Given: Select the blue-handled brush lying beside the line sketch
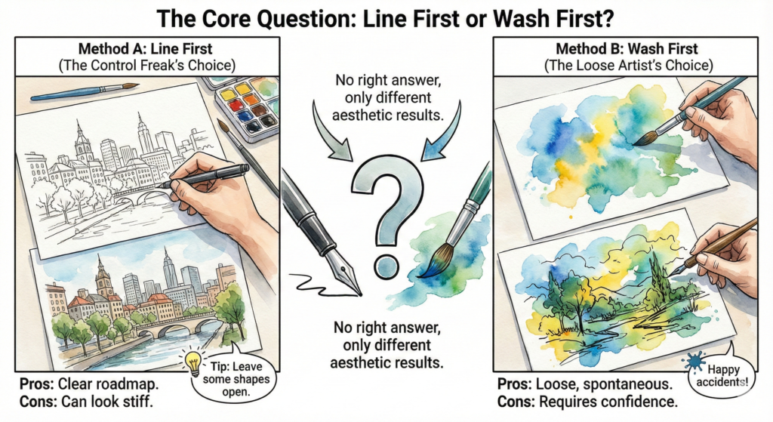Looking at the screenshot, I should click(83, 92).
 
